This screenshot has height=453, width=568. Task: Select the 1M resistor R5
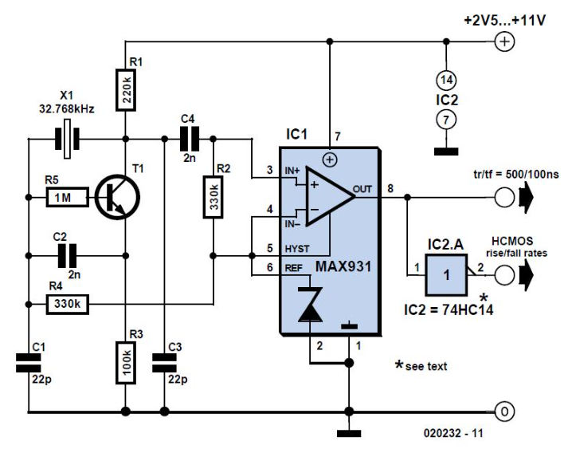tap(65, 197)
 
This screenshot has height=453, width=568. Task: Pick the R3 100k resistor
tap(125, 364)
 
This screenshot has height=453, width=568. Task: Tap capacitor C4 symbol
tap(188, 140)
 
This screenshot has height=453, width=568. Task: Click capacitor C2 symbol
tap(66, 255)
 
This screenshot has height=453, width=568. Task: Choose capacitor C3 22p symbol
tap(163, 363)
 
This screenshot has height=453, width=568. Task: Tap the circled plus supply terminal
tap(503, 42)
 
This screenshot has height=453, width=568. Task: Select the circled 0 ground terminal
tap(503, 412)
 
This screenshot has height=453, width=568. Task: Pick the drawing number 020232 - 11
tap(453, 436)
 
